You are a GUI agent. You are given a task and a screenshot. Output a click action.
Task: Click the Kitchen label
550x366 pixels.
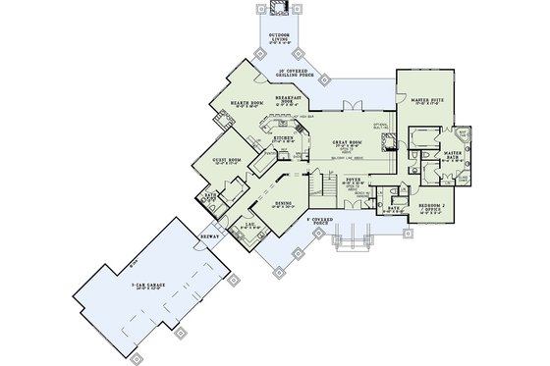280,139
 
